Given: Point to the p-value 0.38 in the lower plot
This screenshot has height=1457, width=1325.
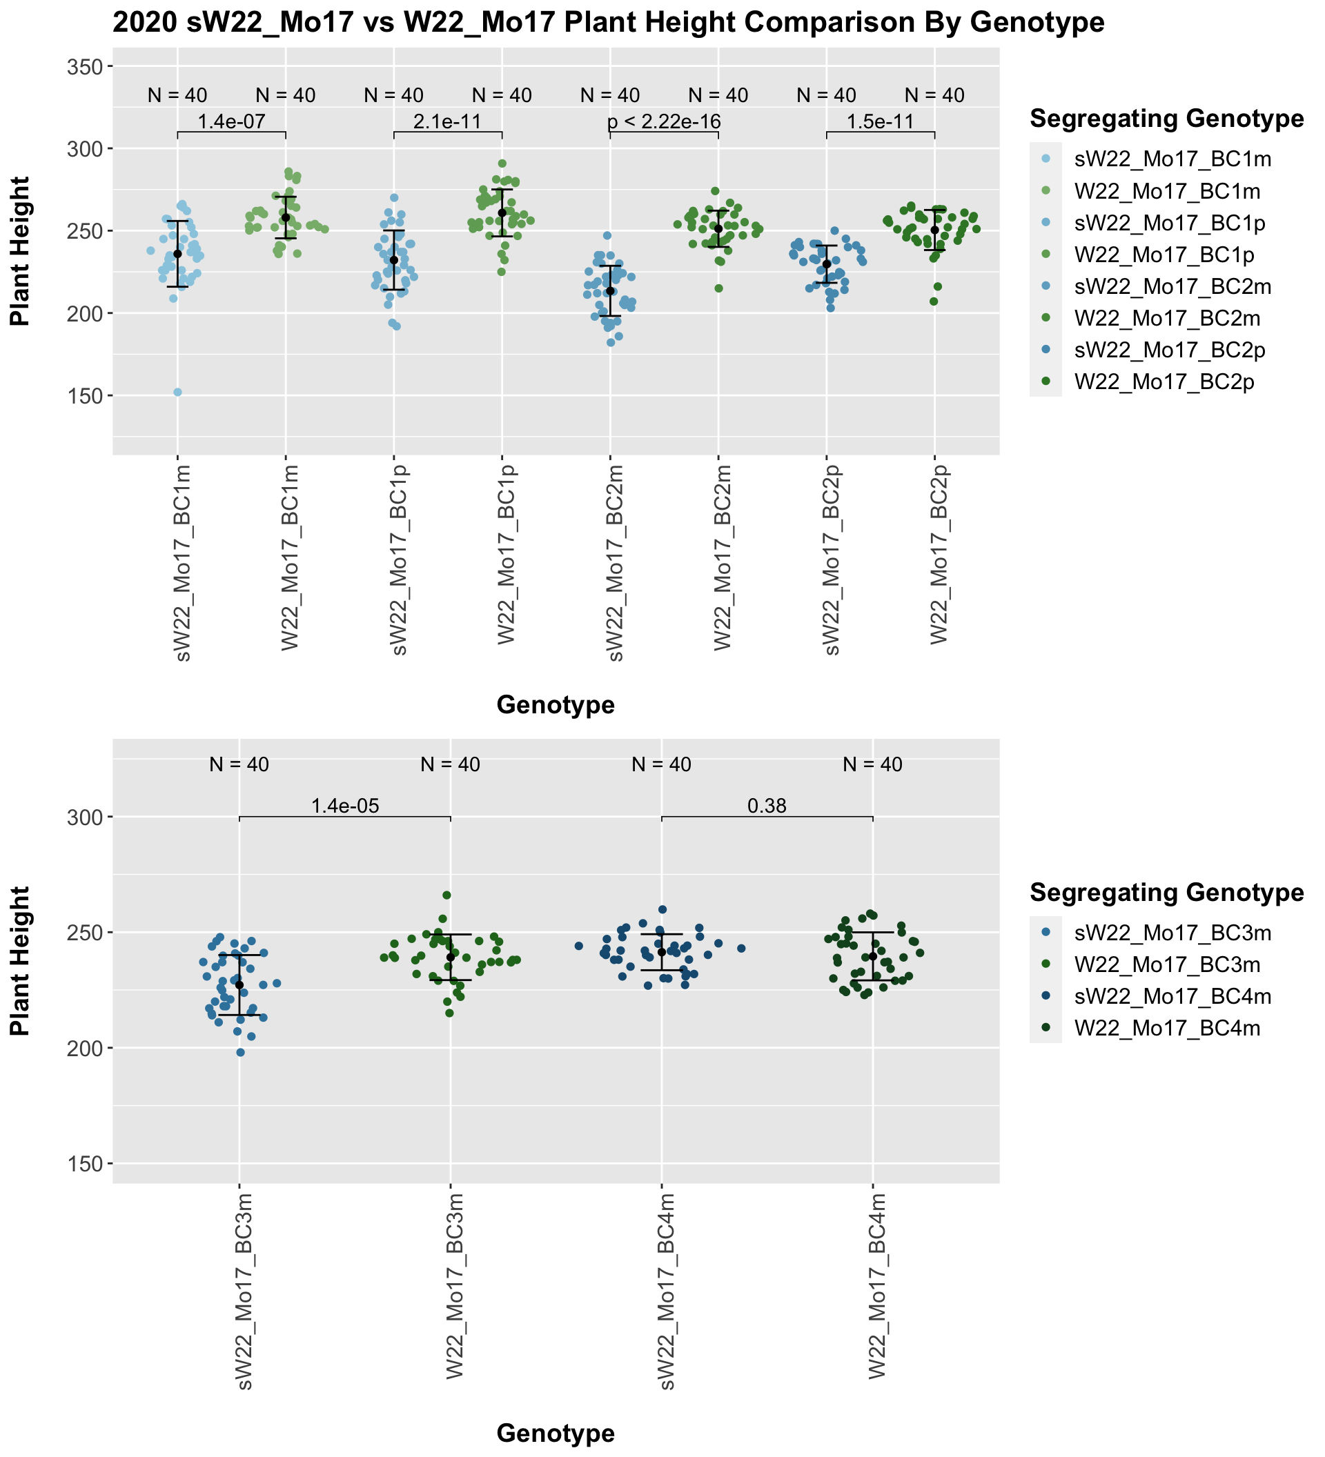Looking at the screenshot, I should pyautogui.click(x=766, y=806).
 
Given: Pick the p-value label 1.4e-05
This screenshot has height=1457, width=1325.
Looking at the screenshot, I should pyautogui.click(x=345, y=806).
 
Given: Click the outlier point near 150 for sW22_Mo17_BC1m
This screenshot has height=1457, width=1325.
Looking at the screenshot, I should pyautogui.click(x=177, y=393).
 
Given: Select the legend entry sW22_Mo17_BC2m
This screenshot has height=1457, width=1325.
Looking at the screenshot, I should pyautogui.click(x=1172, y=287).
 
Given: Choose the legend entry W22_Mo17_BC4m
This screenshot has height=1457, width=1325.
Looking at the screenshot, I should pyautogui.click(x=1168, y=1028).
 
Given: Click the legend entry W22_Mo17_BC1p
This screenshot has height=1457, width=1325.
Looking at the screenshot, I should pyautogui.click(x=1168, y=255).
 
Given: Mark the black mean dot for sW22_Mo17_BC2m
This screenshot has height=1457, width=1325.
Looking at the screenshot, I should pyautogui.click(x=610, y=290).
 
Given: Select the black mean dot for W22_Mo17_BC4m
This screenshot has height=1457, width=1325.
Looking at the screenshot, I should pyautogui.click(x=872, y=956).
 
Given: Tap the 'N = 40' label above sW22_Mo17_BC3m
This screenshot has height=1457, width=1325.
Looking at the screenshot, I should pyautogui.click(x=239, y=764).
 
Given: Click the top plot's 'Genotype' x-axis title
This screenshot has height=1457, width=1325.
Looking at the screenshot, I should pyautogui.click(x=555, y=704).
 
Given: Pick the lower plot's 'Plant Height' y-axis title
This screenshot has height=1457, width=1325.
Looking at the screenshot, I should pyautogui.click(x=20, y=960).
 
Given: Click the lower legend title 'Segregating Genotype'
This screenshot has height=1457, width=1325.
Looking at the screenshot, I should pyautogui.click(x=1166, y=893).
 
